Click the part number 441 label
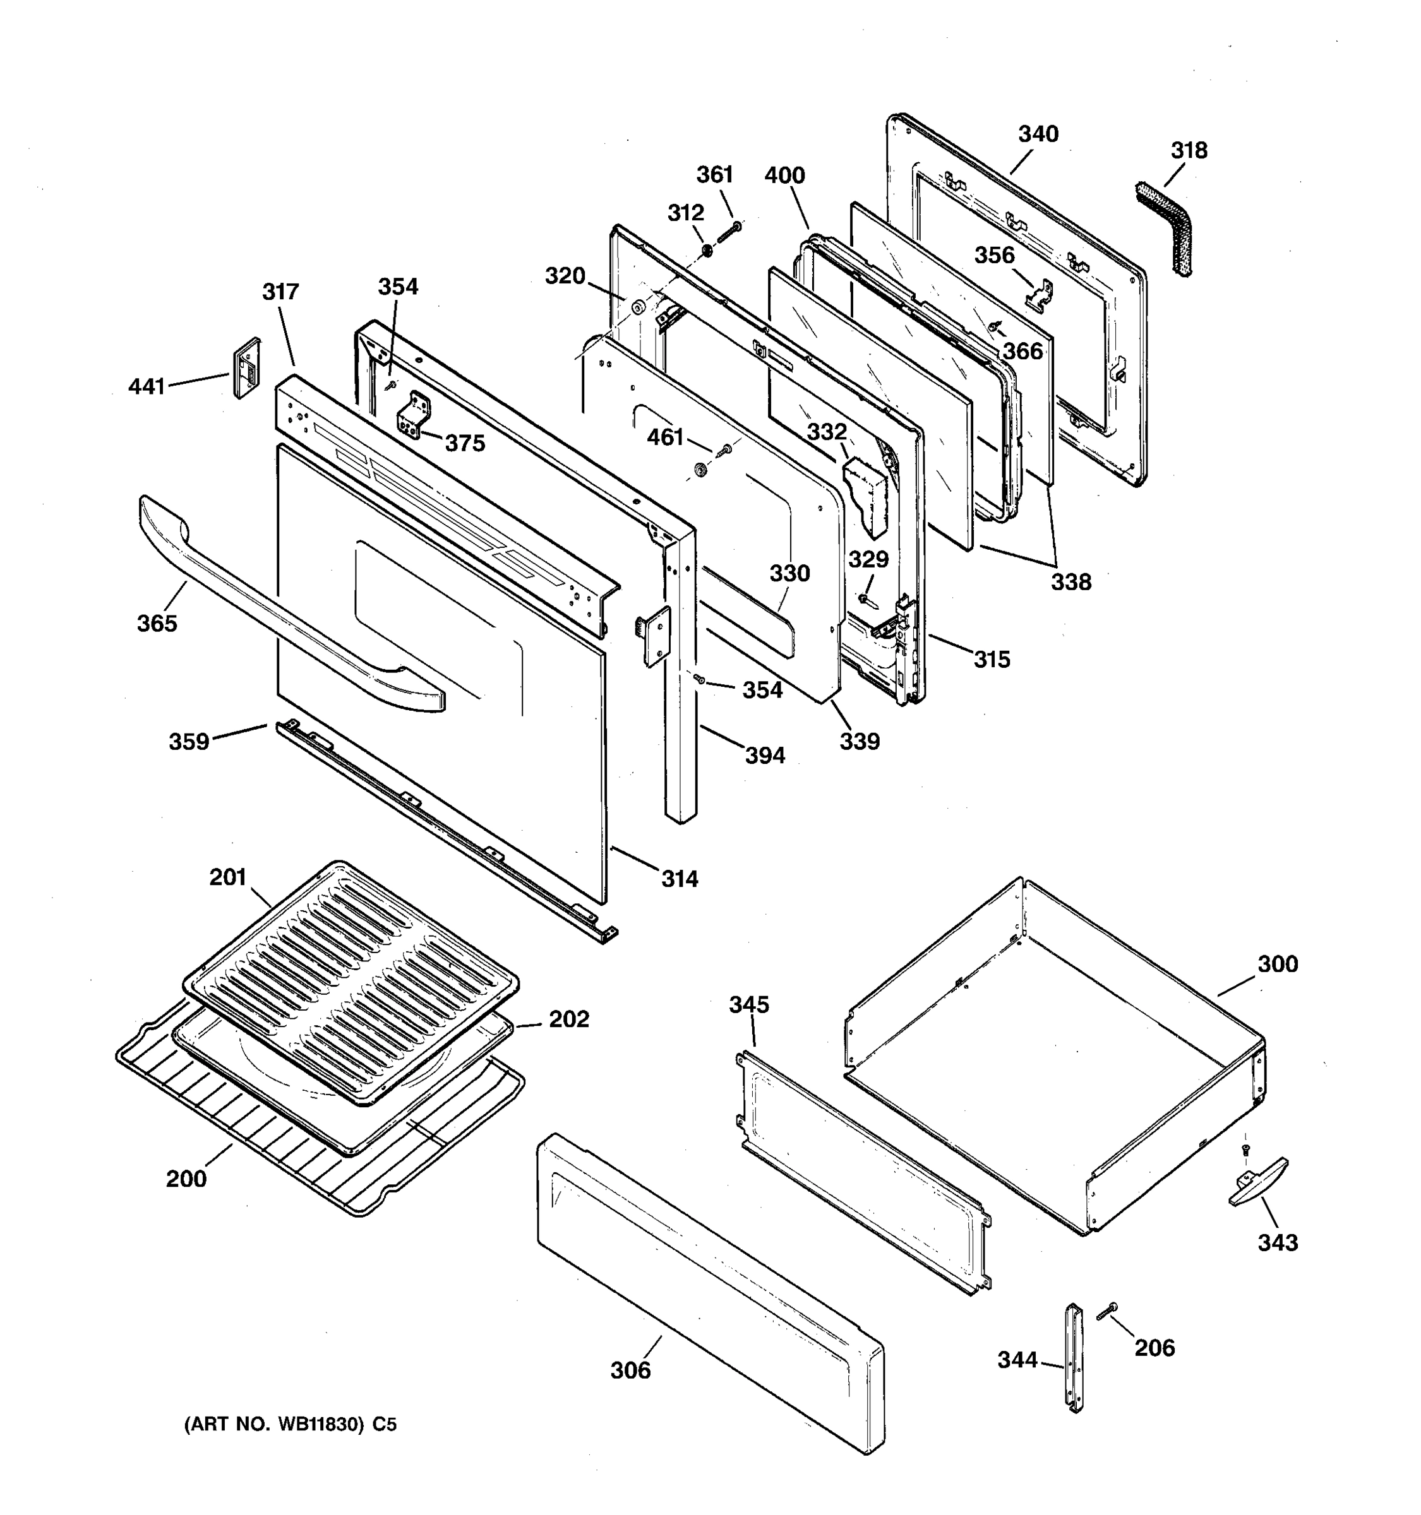click(x=147, y=386)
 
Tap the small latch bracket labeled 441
click(x=246, y=367)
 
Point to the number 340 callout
click(x=1038, y=134)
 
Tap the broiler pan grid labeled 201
click(x=351, y=983)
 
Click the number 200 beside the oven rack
click(x=186, y=1179)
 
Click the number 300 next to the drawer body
click(x=1277, y=964)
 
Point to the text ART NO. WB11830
click(x=291, y=1424)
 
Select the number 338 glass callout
click(x=1071, y=582)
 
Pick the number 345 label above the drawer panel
click(x=748, y=1004)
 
